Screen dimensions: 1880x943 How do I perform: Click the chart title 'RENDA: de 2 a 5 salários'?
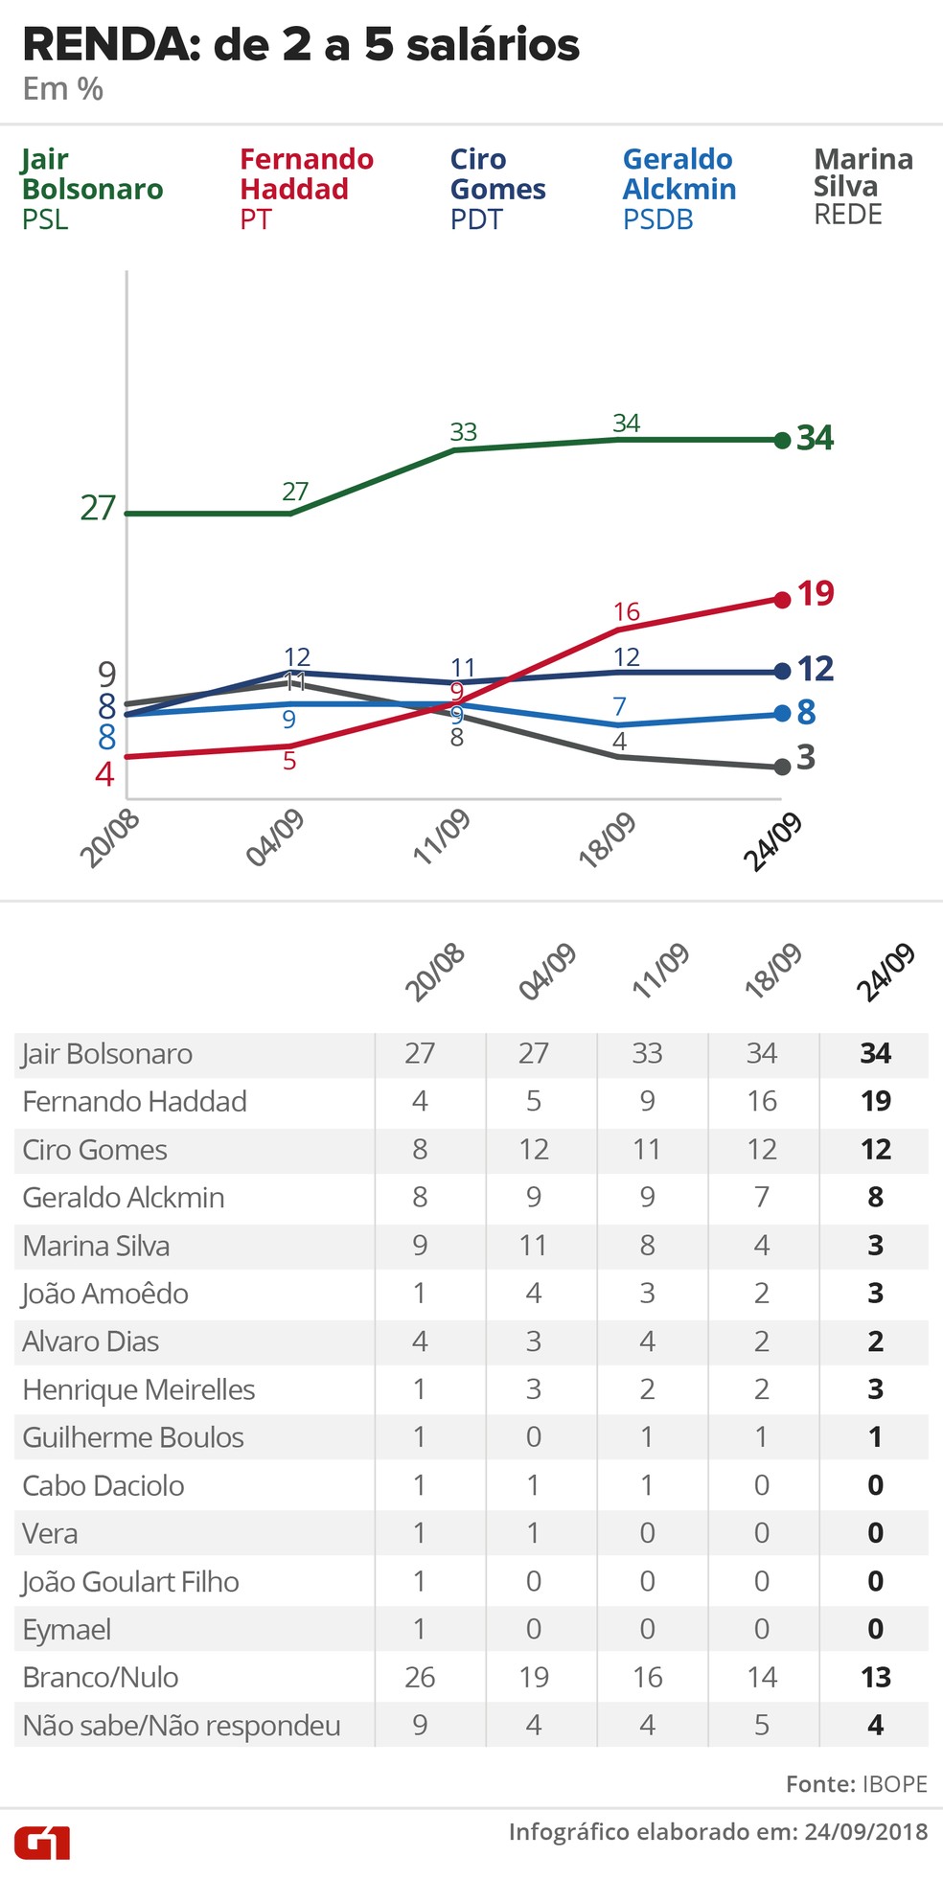click(300, 46)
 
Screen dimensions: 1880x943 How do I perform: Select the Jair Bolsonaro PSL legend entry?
click(92, 189)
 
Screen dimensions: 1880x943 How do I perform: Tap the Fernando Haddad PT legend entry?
click(306, 189)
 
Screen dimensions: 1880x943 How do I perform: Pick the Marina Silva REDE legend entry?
click(862, 187)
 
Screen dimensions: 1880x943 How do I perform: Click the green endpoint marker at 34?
click(782, 440)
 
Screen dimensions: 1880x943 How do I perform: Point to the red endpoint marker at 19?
click(782, 599)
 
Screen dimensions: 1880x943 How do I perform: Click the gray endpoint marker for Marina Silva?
click(782, 767)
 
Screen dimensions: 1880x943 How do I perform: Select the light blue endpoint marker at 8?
click(782, 714)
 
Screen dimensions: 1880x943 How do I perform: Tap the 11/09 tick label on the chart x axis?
click(442, 837)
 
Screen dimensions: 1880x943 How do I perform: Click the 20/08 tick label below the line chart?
click(110, 837)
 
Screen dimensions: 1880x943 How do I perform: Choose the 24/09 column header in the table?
click(885, 972)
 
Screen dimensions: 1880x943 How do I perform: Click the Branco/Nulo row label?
click(101, 1677)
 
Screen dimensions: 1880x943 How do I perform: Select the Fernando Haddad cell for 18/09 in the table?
click(762, 1101)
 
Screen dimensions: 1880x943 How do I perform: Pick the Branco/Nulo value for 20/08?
click(420, 1677)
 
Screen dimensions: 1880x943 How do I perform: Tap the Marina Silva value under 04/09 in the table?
click(533, 1245)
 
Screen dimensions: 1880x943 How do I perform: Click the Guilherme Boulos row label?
click(133, 1437)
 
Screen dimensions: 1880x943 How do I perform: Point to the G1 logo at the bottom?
click(42, 1842)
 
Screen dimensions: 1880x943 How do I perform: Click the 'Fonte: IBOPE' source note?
click(856, 1783)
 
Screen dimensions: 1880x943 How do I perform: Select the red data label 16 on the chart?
click(626, 611)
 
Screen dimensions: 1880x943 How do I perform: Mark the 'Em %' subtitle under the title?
click(63, 89)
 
